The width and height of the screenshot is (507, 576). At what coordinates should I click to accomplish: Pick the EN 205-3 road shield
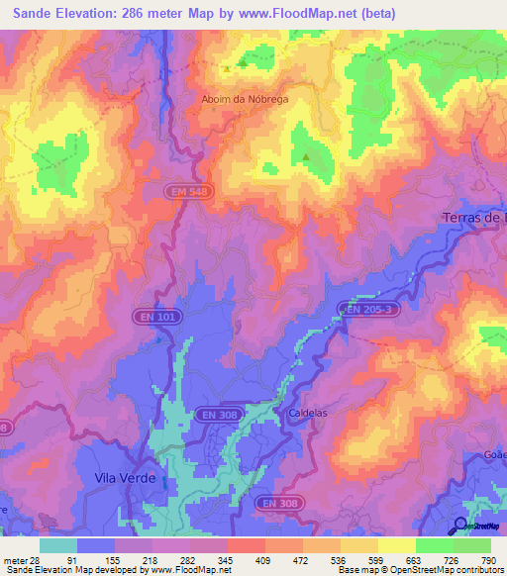point(369,310)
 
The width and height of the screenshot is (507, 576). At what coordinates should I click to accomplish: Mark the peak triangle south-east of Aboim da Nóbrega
point(306,156)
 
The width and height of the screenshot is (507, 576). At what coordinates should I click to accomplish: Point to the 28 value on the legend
point(38,559)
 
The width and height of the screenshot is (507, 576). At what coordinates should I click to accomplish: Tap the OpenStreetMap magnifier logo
point(460,525)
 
